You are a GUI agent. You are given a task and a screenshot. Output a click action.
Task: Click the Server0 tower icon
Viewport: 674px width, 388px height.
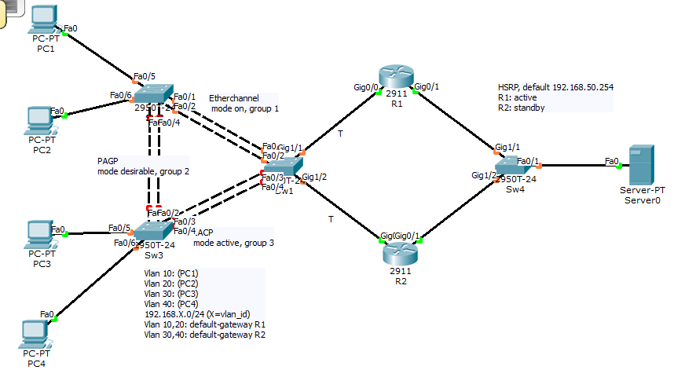(643, 166)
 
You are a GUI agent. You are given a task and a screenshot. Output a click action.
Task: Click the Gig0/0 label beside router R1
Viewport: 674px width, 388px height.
(366, 87)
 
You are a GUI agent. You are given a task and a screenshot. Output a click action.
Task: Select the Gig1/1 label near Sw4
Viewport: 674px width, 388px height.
(507, 147)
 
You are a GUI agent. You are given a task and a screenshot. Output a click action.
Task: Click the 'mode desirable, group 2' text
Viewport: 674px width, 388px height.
(143, 170)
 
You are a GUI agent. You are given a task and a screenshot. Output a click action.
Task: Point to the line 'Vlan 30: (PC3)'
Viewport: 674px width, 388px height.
(171, 294)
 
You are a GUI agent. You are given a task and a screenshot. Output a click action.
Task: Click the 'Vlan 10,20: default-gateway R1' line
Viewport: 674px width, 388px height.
(205, 324)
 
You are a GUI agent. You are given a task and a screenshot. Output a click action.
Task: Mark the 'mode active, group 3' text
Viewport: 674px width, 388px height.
(233, 243)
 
